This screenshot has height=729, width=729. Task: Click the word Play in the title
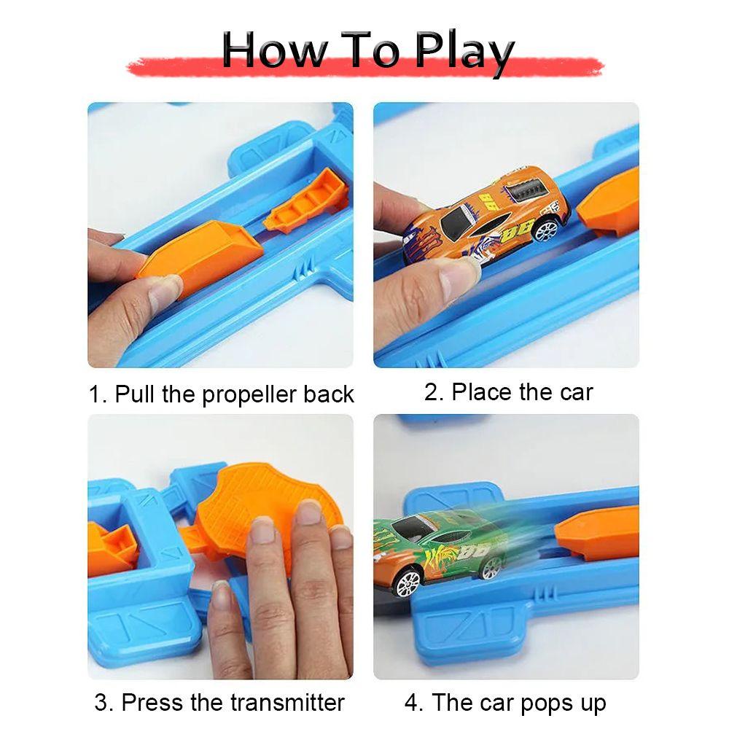[464, 50]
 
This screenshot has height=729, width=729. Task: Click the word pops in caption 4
[546, 703]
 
